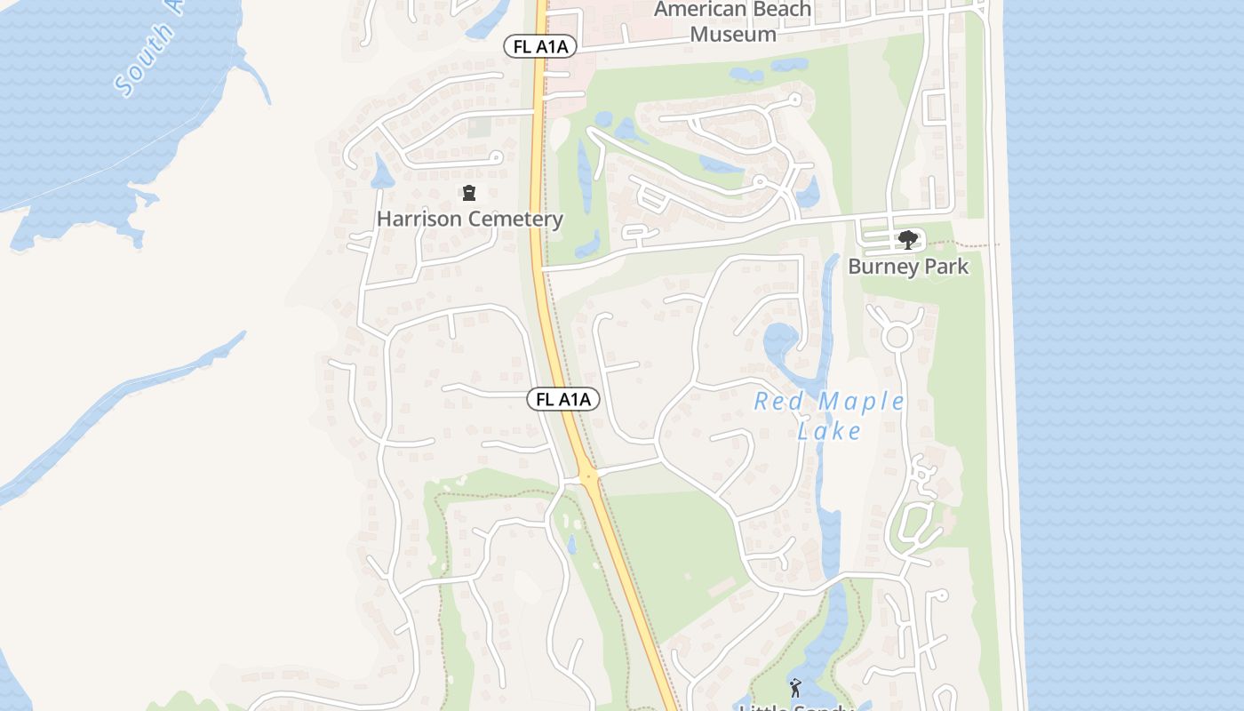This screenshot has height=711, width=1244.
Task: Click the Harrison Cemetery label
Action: pos(469,219)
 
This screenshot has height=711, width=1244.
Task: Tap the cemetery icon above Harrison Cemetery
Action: pos(469,193)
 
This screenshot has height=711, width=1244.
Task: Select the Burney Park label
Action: pos(908,267)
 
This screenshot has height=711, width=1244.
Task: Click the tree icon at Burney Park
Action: pos(907,239)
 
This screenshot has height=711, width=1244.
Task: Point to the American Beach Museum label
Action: pos(733,22)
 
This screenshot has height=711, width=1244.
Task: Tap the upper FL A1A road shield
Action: pos(540,46)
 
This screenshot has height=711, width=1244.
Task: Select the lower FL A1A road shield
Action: pos(563,400)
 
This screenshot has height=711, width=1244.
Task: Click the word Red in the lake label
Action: pos(772,402)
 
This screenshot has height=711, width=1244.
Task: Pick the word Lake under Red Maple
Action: pos(829,432)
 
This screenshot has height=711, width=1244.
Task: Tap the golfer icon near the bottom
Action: pos(794,687)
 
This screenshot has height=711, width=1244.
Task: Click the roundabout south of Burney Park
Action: pos(897,337)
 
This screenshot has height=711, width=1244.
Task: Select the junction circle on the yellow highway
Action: pos(588,478)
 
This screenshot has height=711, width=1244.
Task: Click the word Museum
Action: pos(733,35)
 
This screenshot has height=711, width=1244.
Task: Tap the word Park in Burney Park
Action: pos(945,267)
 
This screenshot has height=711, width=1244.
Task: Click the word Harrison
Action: pos(419,219)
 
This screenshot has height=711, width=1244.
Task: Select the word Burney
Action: pos(882,267)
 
